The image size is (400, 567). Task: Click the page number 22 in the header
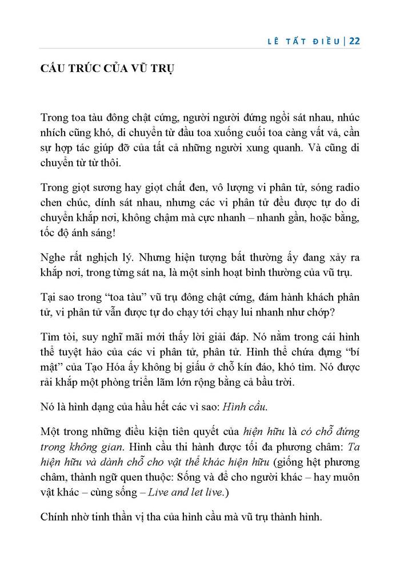[x=354, y=41]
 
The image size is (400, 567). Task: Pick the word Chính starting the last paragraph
[x=55, y=518]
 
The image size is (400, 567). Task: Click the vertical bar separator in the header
[x=345, y=41]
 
